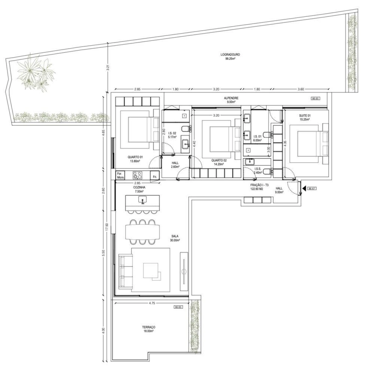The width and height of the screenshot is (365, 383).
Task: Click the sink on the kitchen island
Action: click(x=142, y=200)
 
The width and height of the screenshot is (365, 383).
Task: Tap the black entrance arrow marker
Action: click(x=304, y=188)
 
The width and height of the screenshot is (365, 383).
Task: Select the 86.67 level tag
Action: click(x=312, y=189)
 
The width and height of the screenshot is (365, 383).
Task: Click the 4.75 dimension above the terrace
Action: click(x=152, y=303)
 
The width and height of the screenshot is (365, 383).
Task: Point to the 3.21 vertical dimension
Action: click(x=108, y=68)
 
